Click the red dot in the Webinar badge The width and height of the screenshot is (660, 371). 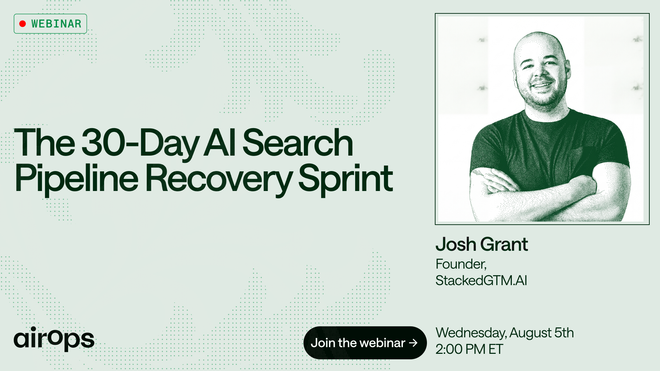(23, 24)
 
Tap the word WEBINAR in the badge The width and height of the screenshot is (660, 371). (56, 24)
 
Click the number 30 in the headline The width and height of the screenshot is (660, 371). (103, 143)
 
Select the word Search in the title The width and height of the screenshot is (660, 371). (298, 143)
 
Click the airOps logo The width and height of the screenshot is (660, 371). (54, 339)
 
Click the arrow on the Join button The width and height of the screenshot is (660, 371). (414, 343)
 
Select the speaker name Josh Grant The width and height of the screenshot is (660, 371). (482, 244)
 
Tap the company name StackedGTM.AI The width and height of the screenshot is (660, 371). (481, 280)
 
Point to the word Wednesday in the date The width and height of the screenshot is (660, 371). (471, 333)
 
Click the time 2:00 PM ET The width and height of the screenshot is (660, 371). (469, 349)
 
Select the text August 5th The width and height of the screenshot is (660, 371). (541, 333)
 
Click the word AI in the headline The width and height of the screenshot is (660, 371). (220, 143)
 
